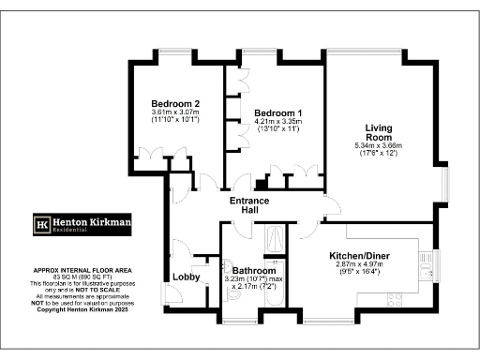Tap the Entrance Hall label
(x=251, y=206)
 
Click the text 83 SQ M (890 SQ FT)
(x=80, y=277)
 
